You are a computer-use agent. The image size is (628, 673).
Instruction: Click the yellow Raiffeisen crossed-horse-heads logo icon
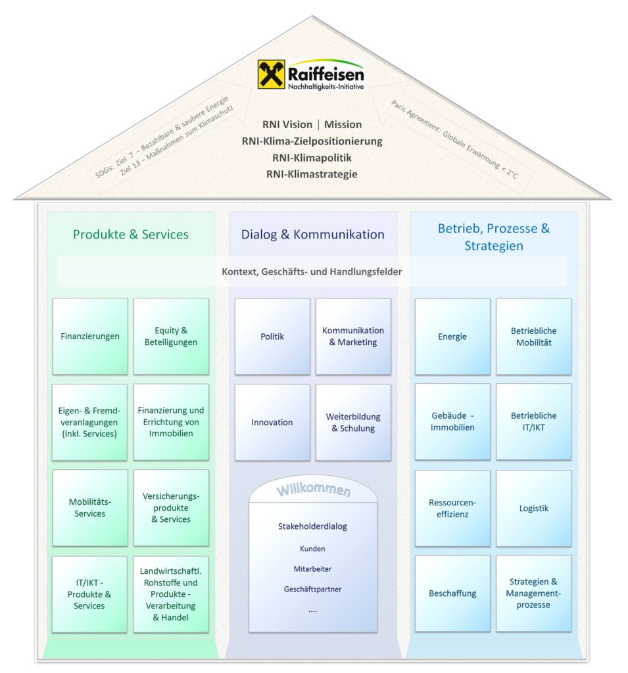[x=271, y=74]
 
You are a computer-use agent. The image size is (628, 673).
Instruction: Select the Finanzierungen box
[x=90, y=336]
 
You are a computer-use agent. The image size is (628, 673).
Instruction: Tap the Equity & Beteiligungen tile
[x=171, y=336]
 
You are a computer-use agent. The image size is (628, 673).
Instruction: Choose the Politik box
[x=272, y=336]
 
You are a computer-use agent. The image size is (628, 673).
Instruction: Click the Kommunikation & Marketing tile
[x=353, y=336]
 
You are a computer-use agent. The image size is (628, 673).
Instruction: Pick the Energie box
[x=452, y=336]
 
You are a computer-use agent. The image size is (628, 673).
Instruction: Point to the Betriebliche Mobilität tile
[x=533, y=336]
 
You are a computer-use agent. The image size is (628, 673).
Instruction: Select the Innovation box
[x=272, y=423]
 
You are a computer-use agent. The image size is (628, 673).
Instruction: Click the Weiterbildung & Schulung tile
[x=353, y=423]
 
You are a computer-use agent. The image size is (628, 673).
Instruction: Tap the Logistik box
[x=533, y=508]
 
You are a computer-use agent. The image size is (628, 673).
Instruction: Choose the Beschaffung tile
[x=452, y=593]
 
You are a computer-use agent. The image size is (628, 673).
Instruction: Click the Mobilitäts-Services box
[x=90, y=508]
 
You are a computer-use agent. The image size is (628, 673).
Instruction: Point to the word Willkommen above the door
[x=314, y=490]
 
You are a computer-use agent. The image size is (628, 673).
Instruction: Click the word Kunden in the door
[x=312, y=549]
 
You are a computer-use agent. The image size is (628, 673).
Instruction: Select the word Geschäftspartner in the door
[x=312, y=590]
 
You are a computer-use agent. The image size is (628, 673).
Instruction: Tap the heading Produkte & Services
[x=131, y=235]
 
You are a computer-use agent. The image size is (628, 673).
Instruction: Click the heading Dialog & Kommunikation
[x=313, y=235]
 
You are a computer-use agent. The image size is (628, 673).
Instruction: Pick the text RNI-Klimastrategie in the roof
[x=312, y=174]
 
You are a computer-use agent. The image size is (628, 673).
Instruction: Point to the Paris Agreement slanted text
[x=454, y=139]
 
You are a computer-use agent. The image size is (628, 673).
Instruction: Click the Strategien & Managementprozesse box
[x=533, y=593]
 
